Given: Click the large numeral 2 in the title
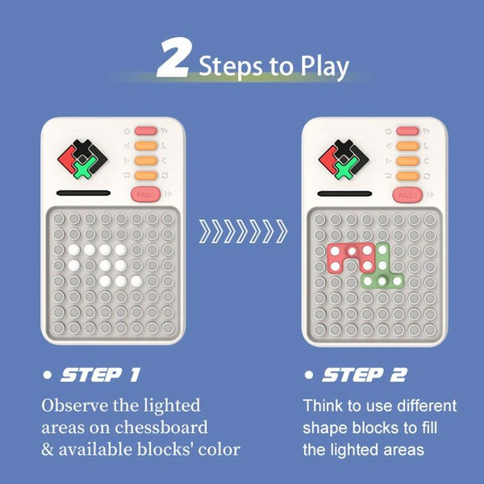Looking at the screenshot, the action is [173, 58].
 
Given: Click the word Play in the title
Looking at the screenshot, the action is [325, 68].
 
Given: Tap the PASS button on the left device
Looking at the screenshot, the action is [146, 194].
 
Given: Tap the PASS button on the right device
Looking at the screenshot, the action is [407, 195].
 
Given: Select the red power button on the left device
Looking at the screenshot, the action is [146, 131].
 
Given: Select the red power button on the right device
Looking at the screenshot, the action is [407, 131].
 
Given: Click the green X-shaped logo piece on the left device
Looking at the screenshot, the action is [84, 167].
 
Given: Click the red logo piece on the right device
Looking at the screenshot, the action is [328, 159].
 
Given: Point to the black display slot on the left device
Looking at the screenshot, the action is [83, 194].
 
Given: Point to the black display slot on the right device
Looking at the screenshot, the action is [344, 194].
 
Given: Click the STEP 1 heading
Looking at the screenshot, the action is [100, 375].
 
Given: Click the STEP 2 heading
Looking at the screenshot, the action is [365, 375].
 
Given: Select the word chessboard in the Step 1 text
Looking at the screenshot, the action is [161, 428].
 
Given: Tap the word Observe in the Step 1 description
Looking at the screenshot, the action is [75, 405].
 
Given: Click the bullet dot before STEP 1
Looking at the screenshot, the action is [48, 375].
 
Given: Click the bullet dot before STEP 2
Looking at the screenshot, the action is [309, 375].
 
